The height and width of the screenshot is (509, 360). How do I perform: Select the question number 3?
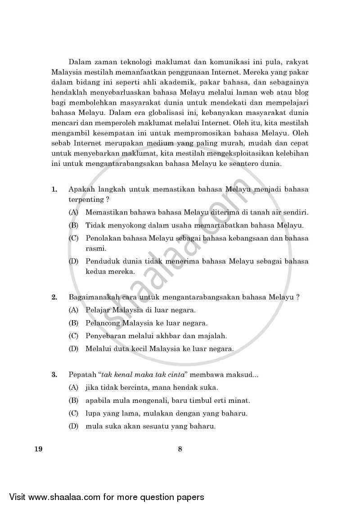54,374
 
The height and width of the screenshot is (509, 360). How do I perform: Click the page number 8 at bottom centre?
180,448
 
